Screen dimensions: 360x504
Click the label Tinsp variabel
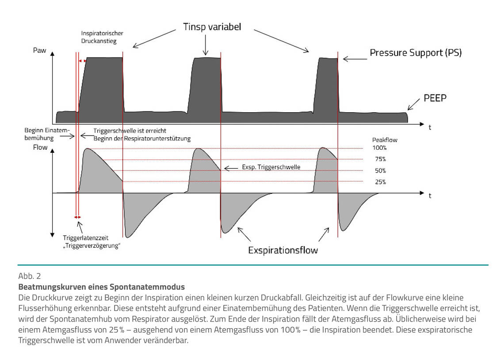[212, 27]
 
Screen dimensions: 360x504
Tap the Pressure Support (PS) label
[416, 53]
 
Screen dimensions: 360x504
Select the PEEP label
[435, 98]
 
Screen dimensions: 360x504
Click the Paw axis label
[39, 50]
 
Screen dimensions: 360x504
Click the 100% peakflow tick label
[380, 148]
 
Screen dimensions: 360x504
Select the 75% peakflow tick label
[380, 159]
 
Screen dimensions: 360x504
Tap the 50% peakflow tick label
[380, 171]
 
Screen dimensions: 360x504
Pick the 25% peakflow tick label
[380, 182]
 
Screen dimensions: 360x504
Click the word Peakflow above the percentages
[384, 140]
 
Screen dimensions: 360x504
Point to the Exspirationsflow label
[283, 250]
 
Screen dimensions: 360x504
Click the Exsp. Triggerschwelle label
[271, 167]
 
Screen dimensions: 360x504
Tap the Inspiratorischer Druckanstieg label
[102, 37]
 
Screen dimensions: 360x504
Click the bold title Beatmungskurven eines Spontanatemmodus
[101, 288]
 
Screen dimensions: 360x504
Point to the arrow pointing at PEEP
[414, 104]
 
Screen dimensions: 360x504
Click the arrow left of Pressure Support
[352, 58]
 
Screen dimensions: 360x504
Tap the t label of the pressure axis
[430, 127]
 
